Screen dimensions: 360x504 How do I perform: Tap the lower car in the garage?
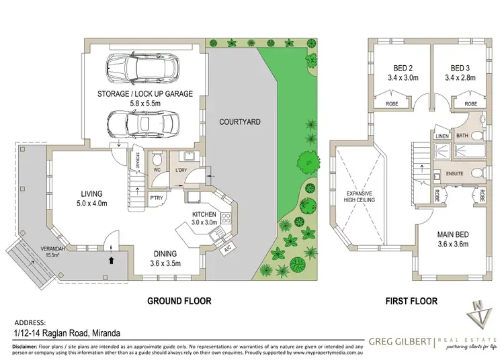pos(141,123)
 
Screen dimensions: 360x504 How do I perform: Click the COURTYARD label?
pos(239,122)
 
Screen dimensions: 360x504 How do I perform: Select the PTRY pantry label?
pos(157,197)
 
